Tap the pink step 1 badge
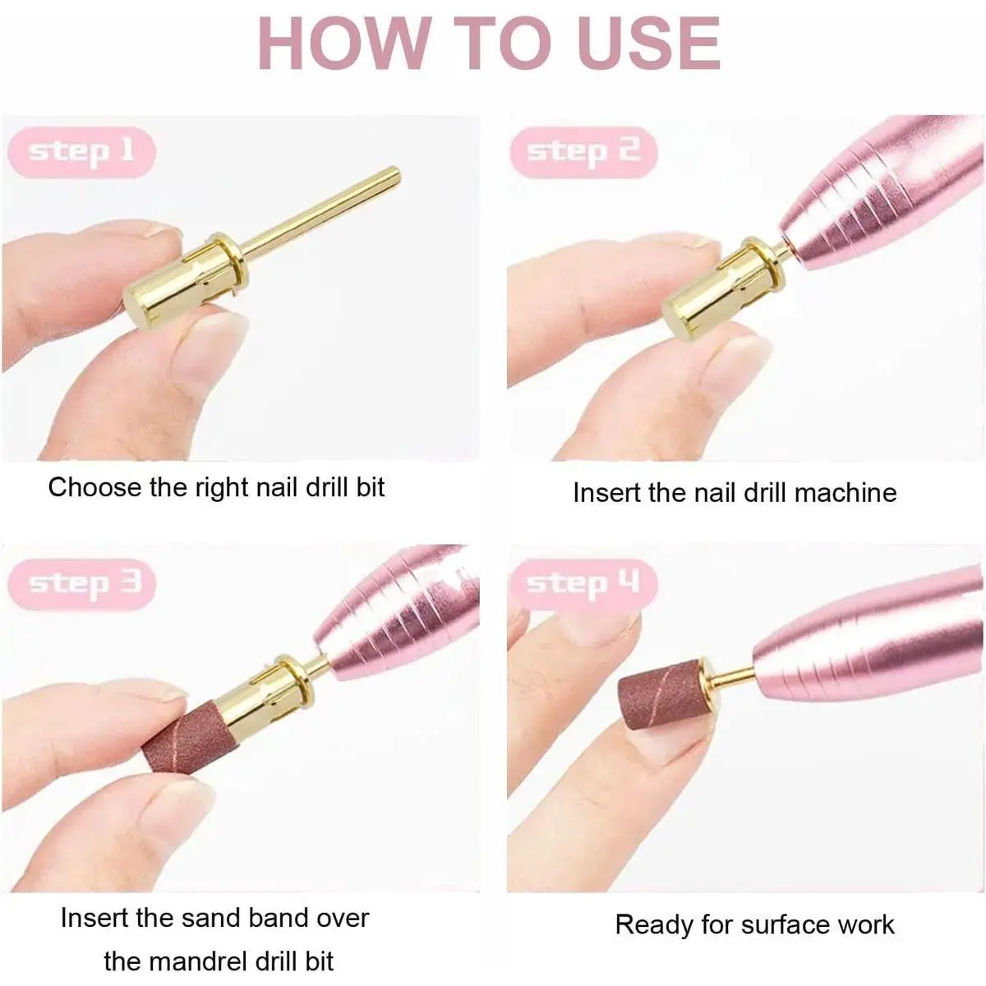point(82,152)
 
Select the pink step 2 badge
point(583,152)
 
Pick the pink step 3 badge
point(82,584)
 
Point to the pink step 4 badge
point(583,584)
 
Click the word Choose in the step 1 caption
point(95,487)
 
